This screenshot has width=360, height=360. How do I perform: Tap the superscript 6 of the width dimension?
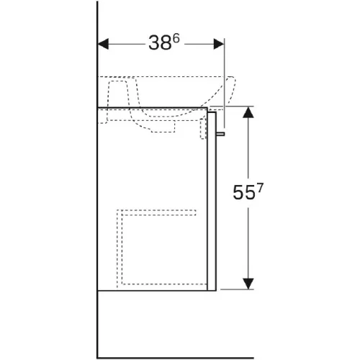point(176,38)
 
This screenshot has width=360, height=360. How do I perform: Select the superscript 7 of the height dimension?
point(260,188)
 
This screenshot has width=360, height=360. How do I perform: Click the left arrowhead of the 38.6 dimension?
point(103,44)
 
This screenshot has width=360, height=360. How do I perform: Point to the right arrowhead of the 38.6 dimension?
point(219,44)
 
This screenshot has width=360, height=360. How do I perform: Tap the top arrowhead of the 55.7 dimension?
point(248,112)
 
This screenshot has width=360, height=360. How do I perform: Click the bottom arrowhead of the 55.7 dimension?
point(248,284)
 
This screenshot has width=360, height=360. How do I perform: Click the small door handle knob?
point(220,134)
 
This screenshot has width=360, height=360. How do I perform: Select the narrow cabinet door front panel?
point(212,201)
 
